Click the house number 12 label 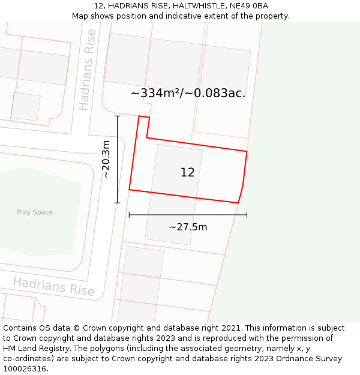tap(187, 173)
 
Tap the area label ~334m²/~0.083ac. tap(188, 93)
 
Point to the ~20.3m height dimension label tap(106, 159)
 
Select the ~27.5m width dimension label tap(188, 227)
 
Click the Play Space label tap(35, 212)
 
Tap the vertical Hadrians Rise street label tap(88, 70)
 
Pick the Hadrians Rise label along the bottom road tap(54, 286)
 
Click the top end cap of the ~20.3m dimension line tap(117, 116)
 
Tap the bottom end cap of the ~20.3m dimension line tap(117, 203)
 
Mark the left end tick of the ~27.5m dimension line tap(129, 214)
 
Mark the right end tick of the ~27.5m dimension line tap(247, 214)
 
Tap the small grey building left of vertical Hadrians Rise tap(26, 107)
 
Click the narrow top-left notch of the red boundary tap(144, 123)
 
